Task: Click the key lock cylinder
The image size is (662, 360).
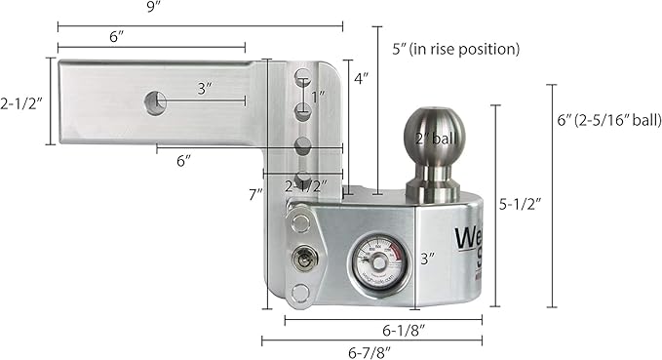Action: click(302, 259)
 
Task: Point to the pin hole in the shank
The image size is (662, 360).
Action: click(154, 100)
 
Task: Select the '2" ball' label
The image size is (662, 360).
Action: click(434, 138)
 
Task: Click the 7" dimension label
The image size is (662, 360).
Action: click(255, 193)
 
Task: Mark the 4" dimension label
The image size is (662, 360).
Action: click(360, 77)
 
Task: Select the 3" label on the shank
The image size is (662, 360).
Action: click(205, 88)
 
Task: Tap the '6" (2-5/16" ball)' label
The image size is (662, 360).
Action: click(608, 121)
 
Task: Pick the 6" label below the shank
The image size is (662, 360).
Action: click(182, 161)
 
